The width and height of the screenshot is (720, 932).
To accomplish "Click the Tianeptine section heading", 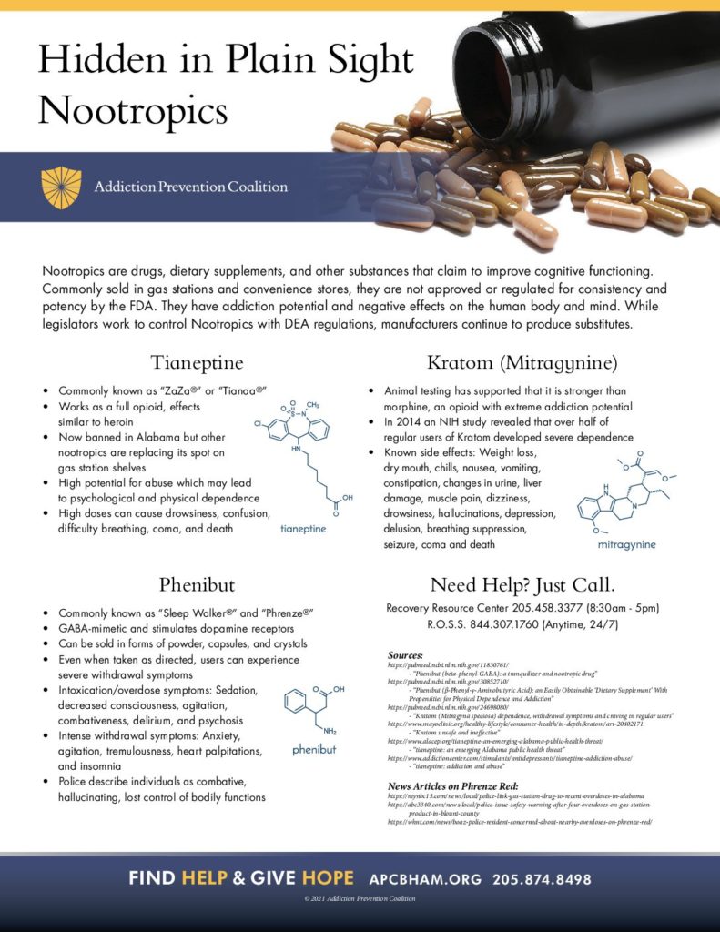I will pyautogui.click(x=197, y=363).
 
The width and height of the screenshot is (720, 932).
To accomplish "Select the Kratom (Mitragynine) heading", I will pyautogui.click(x=514, y=363).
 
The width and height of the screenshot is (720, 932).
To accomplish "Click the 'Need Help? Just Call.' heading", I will pyautogui.click(x=515, y=584).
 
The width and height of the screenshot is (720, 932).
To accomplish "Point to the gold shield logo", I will pyautogui.click(x=61, y=187).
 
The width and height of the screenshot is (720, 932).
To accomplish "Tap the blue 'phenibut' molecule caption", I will pyautogui.click(x=315, y=750).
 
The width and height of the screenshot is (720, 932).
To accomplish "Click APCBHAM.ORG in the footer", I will pyautogui.click(x=424, y=879).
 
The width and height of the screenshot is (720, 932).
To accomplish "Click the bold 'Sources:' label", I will pyautogui.click(x=405, y=655).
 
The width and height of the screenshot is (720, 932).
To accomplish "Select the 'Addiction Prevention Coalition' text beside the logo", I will pyautogui.click(x=191, y=187).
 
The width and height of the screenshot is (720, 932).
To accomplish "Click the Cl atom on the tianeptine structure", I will pyautogui.click(x=259, y=423).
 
